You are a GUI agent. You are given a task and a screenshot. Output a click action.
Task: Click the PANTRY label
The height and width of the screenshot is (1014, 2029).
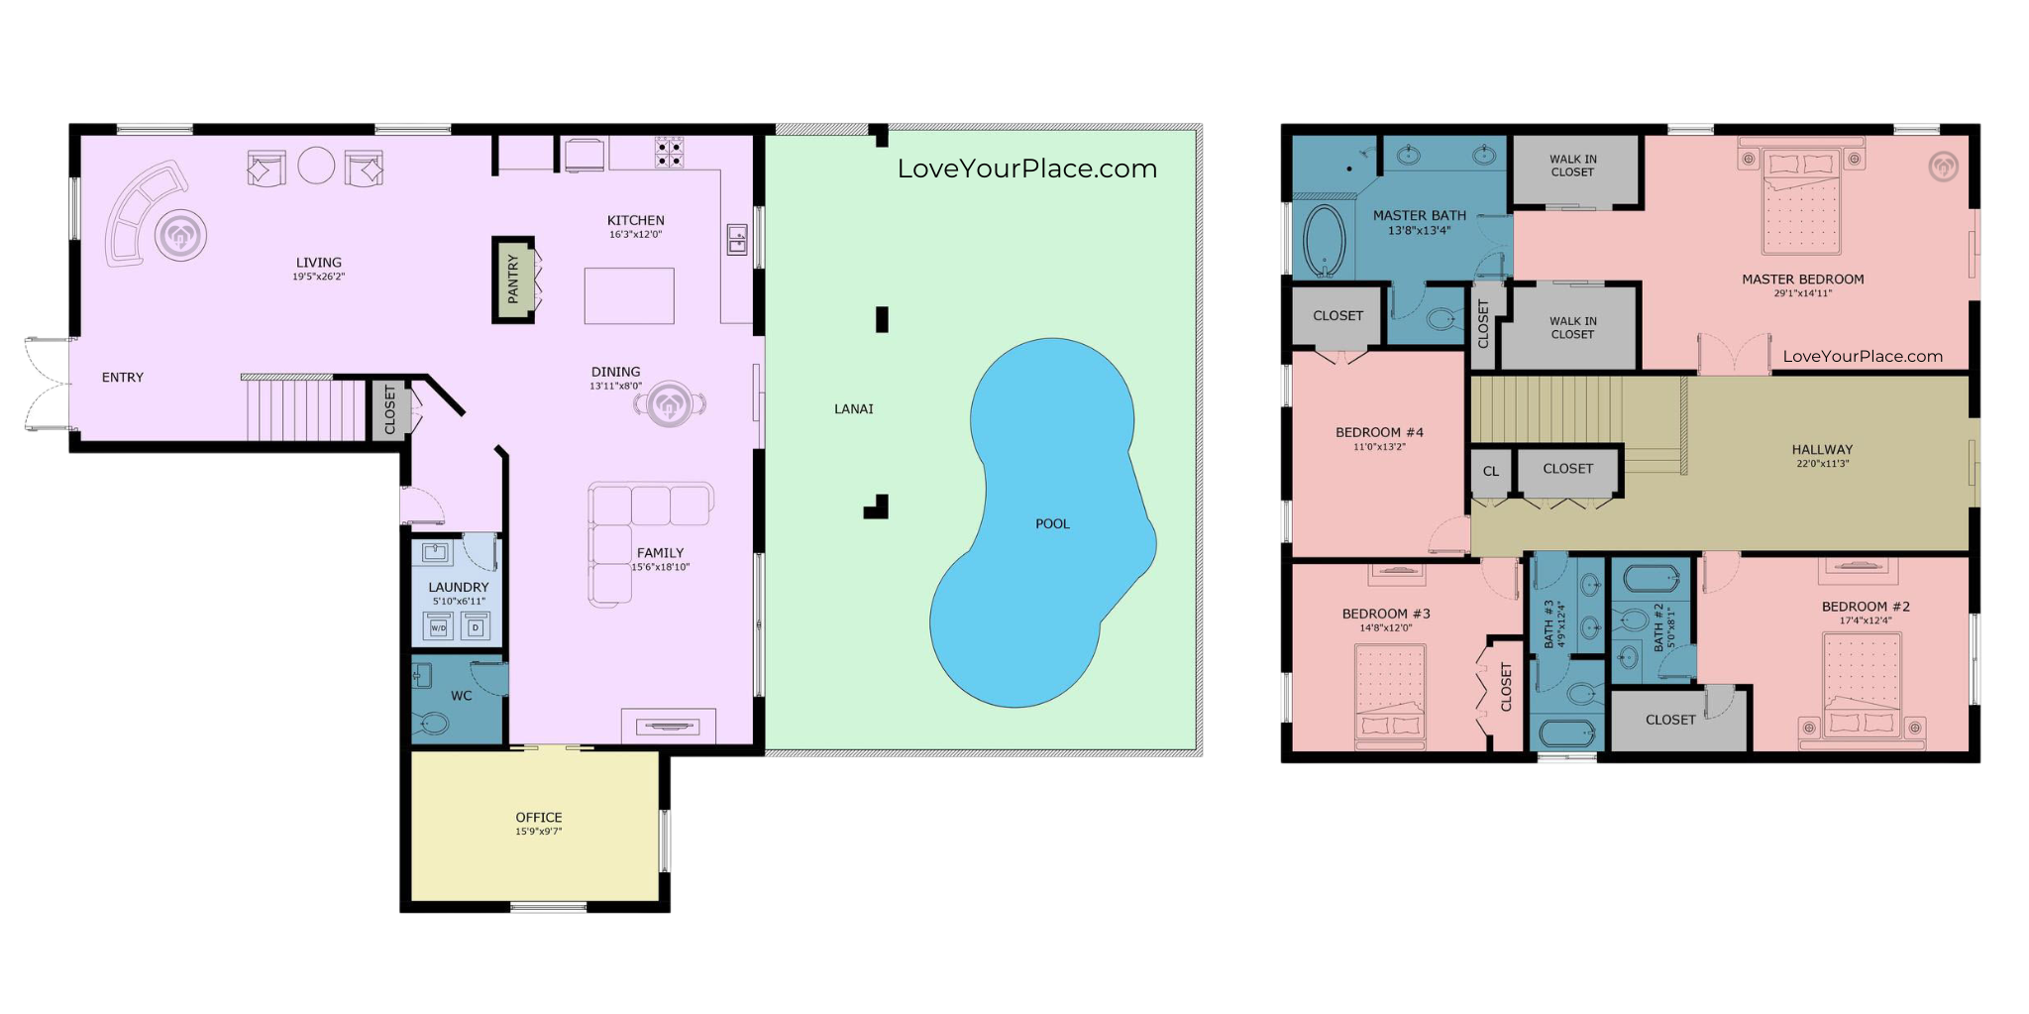[513, 280]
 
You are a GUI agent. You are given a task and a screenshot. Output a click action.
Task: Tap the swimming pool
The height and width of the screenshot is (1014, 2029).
[1040, 522]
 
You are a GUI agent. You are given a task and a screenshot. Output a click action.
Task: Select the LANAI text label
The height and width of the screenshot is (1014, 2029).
[854, 408]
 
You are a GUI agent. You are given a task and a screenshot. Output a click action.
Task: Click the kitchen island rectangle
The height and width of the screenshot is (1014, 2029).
[629, 295]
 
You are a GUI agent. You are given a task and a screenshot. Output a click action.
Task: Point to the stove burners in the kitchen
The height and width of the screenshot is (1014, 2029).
[669, 153]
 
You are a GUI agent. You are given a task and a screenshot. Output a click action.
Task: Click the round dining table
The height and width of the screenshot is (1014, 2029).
[670, 403]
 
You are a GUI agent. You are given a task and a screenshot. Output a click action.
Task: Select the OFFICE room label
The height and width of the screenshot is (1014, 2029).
[539, 817]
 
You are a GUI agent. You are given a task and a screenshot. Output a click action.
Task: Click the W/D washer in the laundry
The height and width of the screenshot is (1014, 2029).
[439, 626]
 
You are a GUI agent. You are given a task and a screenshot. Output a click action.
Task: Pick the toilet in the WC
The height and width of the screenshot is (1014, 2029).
[433, 723]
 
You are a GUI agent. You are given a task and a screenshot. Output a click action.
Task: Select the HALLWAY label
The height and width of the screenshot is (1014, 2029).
[1822, 449]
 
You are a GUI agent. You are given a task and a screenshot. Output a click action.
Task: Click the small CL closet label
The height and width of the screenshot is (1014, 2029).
[1491, 471]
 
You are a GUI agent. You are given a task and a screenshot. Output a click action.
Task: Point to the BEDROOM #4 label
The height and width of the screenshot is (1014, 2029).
[1379, 432]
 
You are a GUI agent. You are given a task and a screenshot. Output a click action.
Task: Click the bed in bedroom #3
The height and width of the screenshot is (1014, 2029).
[1391, 696]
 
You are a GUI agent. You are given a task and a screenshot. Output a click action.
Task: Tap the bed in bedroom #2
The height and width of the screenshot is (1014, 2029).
[1863, 686]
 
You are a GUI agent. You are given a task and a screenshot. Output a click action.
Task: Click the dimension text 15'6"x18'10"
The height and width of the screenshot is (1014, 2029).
[661, 567]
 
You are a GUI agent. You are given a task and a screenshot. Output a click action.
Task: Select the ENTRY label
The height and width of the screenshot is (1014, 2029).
[123, 378]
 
